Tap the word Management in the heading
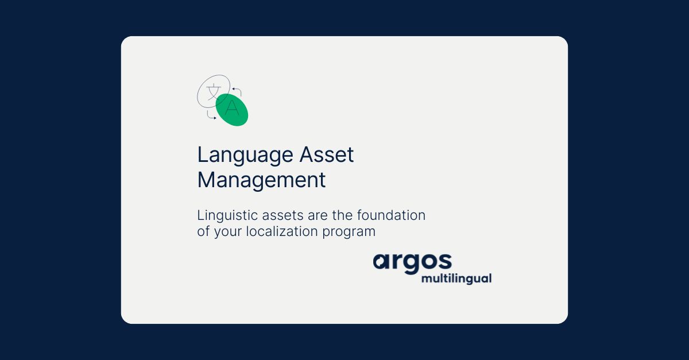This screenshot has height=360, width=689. click(x=261, y=180)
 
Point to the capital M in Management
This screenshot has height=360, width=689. click(x=206, y=180)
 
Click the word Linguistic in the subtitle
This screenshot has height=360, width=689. click(x=226, y=216)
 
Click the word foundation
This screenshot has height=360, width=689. click(x=391, y=216)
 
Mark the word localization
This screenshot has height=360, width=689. click(x=282, y=231)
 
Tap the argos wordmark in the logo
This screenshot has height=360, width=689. click(x=412, y=262)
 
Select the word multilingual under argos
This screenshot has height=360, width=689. click(x=456, y=279)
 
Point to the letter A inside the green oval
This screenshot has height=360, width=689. click(x=231, y=108)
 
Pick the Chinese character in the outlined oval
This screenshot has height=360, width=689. click(x=213, y=91)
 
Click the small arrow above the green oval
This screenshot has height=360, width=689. click(x=237, y=91)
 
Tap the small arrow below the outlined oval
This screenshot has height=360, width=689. click(x=211, y=116)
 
